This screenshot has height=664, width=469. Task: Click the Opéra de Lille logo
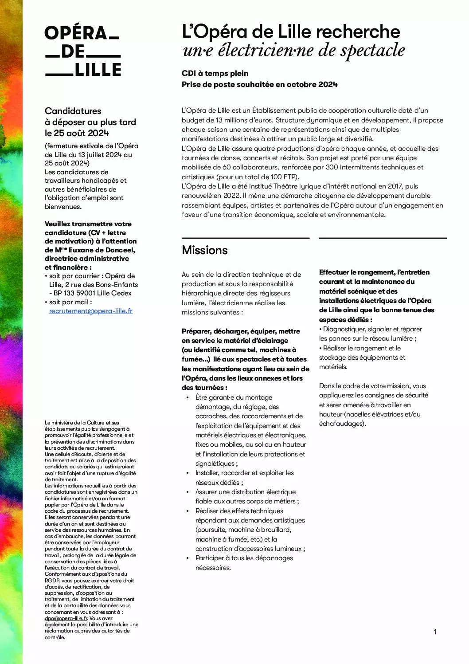click(x=82, y=51)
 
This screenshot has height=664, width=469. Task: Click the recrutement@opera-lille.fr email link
click(x=91, y=311)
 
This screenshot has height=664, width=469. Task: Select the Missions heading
click(x=205, y=250)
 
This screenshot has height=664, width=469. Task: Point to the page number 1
click(x=435, y=632)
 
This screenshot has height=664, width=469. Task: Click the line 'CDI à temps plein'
click(x=215, y=73)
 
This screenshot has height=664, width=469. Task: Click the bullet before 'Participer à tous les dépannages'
click(x=188, y=558)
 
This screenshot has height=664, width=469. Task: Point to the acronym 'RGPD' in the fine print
click(x=53, y=581)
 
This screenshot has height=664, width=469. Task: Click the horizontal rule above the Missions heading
click(x=245, y=238)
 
